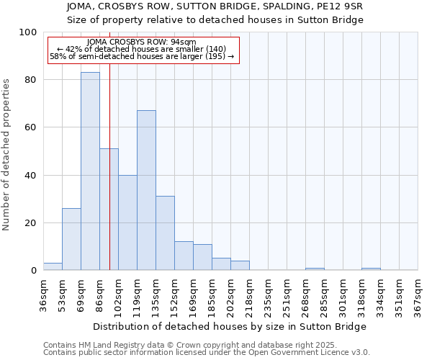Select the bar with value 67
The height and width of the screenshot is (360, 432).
(x=146, y=190)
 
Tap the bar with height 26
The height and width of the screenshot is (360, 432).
(x=71, y=239)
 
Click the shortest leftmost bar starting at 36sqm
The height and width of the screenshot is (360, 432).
(x=53, y=266)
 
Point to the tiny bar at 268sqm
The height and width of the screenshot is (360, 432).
(x=315, y=269)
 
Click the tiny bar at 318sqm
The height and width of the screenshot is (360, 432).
(x=371, y=269)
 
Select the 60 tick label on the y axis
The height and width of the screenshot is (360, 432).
(x=31, y=127)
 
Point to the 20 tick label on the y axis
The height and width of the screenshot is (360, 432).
(x=31, y=223)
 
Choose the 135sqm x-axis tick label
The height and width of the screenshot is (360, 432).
(x=156, y=294)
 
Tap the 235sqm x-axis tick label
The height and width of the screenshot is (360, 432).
(x=268, y=294)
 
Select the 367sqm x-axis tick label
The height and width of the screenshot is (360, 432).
(x=418, y=294)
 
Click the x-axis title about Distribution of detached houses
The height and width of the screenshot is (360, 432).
(x=230, y=326)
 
